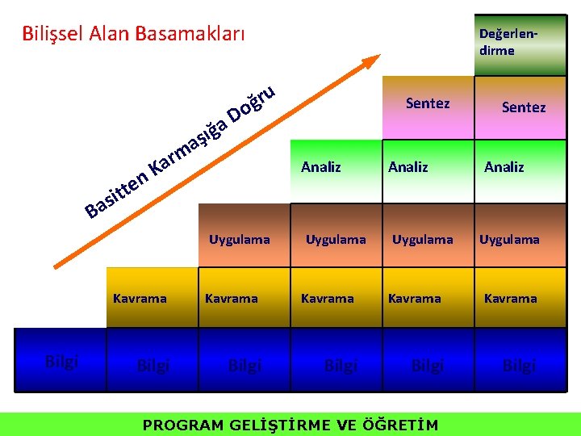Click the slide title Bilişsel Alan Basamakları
coord(133,34)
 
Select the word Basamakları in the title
coord(190,34)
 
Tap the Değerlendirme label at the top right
coord(508,43)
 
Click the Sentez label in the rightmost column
coord(523,107)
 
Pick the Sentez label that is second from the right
coord(427,103)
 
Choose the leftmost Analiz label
coord(320,167)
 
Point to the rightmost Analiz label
coord(504,167)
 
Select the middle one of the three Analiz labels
coord(408,167)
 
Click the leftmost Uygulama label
coord(239,240)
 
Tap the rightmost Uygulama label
coord(509,240)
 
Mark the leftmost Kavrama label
coord(140,298)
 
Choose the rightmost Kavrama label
coord(510,298)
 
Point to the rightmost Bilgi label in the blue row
coord(519,367)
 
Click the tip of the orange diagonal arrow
coord(378,59)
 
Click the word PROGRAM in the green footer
coord(182,425)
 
